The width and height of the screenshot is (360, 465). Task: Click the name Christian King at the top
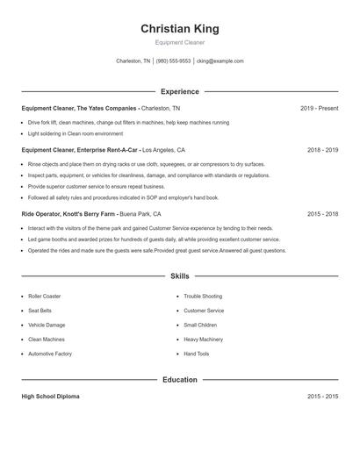coord(180,29)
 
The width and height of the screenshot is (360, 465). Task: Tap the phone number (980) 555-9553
coord(174,61)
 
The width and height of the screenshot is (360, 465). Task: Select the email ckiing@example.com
coord(220,61)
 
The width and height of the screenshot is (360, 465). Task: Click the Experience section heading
coord(180,91)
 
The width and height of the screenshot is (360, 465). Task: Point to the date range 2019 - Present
coord(319,108)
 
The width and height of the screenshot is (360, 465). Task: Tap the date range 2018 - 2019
coord(322,150)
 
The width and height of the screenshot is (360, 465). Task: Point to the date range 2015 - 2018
coord(322,213)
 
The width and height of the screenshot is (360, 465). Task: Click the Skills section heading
coord(180,275)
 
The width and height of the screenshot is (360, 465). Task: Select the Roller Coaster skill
coord(44,297)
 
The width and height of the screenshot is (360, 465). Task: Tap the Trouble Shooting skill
coord(203,297)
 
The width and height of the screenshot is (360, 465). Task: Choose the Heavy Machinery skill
coord(204,339)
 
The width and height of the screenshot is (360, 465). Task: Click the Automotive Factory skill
coord(49,354)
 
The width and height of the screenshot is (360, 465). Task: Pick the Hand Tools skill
coord(197,354)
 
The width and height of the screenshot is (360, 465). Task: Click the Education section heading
coord(180,380)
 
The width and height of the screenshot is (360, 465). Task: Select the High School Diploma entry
coord(50,397)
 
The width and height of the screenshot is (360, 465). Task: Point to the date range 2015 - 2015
coord(322,397)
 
